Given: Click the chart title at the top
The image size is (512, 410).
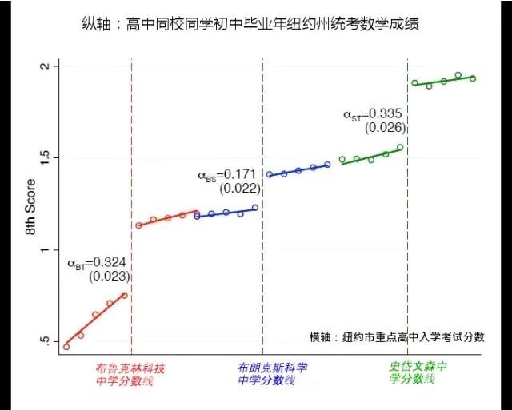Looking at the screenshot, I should [x=255, y=25].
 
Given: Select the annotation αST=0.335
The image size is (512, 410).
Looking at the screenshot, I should [x=373, y=114].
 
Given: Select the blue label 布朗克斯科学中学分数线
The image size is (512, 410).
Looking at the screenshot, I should [x=272, y=374].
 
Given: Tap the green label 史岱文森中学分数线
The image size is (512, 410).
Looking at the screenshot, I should [x=417, y=373].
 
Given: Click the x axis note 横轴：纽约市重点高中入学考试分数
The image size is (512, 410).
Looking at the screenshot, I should [x=397, y=337].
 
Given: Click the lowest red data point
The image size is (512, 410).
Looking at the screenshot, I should [x=66, y=347].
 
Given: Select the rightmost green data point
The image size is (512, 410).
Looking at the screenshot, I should [x=473, y=78].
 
